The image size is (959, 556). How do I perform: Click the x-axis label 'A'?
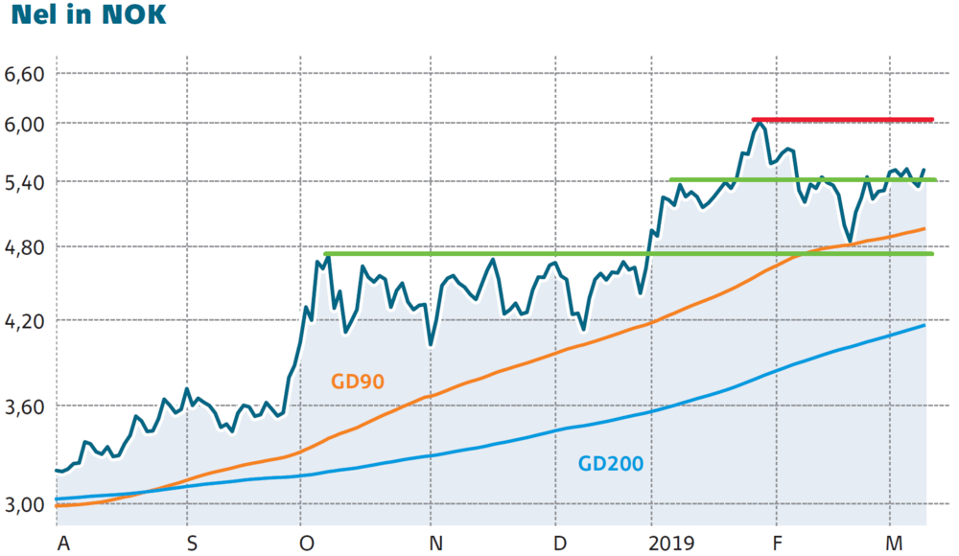pyautogui.click(x=64, y=544)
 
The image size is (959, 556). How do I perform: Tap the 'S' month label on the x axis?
pyautogui.click(x=191, y=544)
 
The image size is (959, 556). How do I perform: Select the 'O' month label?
pyautogui.click(x=307, y=544)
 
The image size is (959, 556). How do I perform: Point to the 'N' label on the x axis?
pyautogui.click(x=436, y=544)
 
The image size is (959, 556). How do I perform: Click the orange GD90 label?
pyautogui.click(x=358, y=381)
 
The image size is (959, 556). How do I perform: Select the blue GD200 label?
pyautogui.click(x=610, y=464)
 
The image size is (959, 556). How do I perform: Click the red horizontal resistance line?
pyautogui.click(x=844, y=120)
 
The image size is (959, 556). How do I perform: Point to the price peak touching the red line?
pyautogui.click(x=760, y=124)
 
